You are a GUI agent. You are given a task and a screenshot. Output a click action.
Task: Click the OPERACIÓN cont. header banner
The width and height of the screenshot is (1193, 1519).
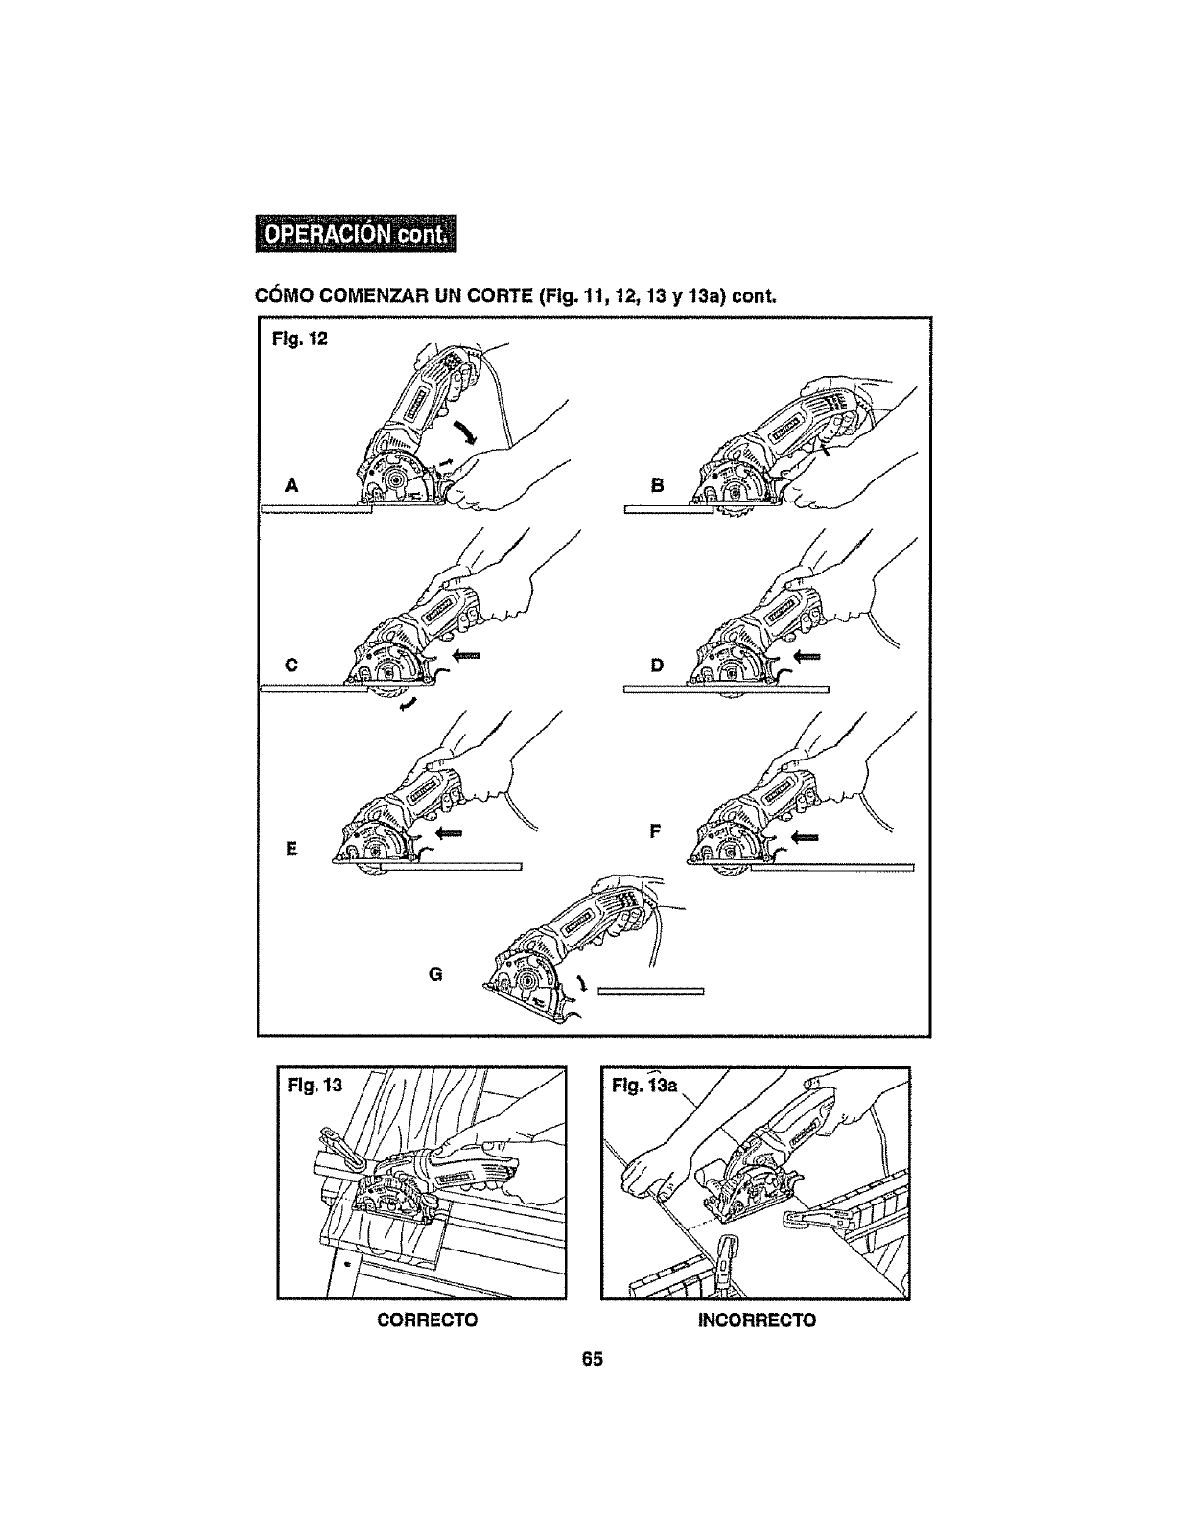[x=356, y=235]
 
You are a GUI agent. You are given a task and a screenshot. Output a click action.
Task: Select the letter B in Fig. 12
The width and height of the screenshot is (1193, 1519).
[x=657, y=486]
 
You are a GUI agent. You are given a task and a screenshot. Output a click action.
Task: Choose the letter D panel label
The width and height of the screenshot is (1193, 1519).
[x=657, y=665]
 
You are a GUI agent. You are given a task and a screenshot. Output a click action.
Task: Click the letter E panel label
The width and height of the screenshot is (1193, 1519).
[x=292, y=849]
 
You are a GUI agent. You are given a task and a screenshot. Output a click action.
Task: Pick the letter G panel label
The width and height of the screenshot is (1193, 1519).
[x=434, y=974]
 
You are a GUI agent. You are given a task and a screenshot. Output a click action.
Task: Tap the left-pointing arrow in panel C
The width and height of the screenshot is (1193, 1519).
[x=465, y=655]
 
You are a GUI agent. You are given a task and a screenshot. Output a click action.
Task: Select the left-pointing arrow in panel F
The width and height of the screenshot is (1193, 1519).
[x=804, y=836]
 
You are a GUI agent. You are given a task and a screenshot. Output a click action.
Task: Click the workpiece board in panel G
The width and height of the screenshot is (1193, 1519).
[x=651, y=992]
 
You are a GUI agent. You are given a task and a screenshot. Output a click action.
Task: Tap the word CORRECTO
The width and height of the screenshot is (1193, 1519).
[x=428, y=1320]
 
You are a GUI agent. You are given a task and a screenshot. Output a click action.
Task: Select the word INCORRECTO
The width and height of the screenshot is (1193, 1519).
[x=758, y=1320]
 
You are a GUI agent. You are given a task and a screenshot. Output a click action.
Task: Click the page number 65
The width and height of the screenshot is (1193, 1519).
[x=592, y=1359]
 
